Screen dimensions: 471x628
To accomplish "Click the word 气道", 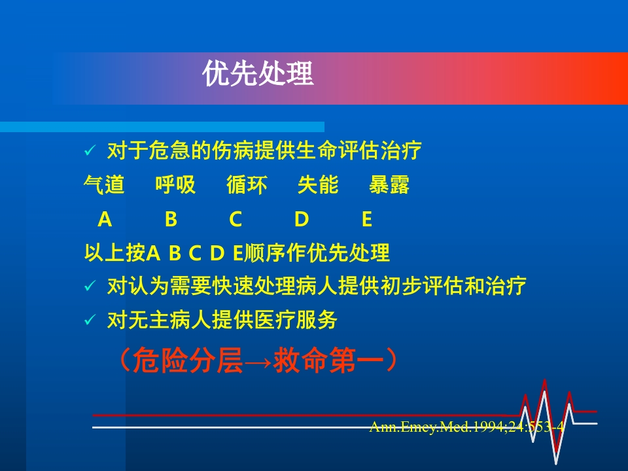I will [105, 186].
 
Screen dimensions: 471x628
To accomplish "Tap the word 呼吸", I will [175, 186].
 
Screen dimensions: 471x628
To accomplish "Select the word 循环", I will [247, 186].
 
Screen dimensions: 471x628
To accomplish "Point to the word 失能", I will [318, 186].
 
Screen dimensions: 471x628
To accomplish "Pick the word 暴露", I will [389, 186].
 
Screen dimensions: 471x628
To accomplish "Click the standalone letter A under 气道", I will [105, 220].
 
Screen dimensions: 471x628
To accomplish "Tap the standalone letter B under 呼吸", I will [171, 220].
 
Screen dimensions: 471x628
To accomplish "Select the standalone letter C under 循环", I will [235, 220].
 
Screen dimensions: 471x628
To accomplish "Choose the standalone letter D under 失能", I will [301, 220].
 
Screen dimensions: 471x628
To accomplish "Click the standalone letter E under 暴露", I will [366, 220].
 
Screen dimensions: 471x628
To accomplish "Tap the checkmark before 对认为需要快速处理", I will [90, 287].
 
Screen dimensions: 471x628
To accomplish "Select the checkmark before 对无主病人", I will [90, 321].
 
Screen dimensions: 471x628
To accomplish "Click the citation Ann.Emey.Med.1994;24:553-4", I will [466, 427].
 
